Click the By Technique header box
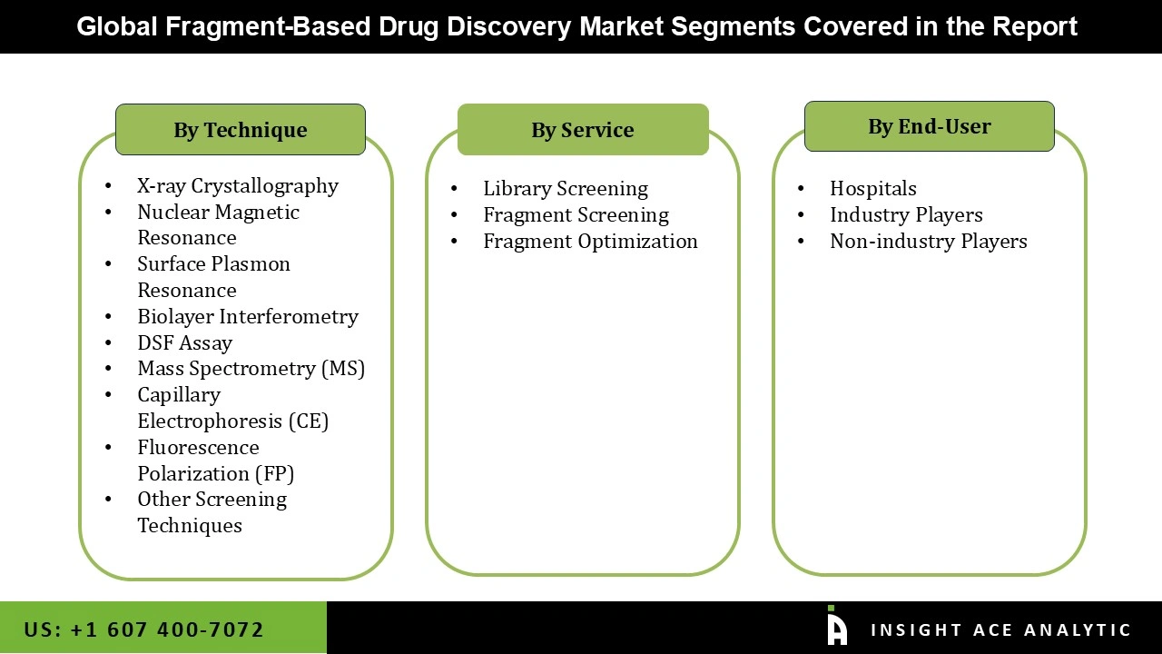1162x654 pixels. [241, 130]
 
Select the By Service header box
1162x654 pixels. [583, 130]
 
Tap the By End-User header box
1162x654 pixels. [929, 126]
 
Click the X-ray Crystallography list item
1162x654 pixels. [238, 186]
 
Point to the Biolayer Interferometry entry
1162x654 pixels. [248, 317]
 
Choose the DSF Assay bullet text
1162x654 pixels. [184, 343]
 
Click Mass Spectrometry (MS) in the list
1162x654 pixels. [251, 369]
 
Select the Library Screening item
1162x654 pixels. [565, 189]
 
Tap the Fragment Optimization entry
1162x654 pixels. [590, 242]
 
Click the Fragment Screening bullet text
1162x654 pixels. [576, 215]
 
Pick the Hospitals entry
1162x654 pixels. [872, 189]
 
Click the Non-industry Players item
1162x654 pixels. [928, 242]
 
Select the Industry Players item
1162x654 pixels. [906, 215]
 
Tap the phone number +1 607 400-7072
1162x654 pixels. [143, 629]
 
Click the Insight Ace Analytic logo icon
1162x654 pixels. [837, 627]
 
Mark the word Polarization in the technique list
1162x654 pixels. [192, 474]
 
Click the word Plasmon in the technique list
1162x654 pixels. [253, 264]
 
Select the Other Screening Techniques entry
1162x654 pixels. [212, 512]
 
